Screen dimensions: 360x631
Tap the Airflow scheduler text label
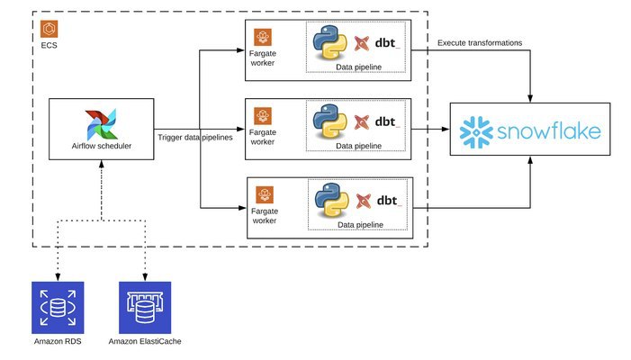tap(102, 145)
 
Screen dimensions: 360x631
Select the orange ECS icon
tap(50, 29)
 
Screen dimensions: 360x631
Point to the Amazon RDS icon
tap(57, 307)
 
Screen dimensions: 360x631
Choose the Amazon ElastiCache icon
tap(145, 307)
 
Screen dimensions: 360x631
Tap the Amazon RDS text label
tap(57, 343)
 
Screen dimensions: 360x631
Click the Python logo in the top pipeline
tap(329, 43)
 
